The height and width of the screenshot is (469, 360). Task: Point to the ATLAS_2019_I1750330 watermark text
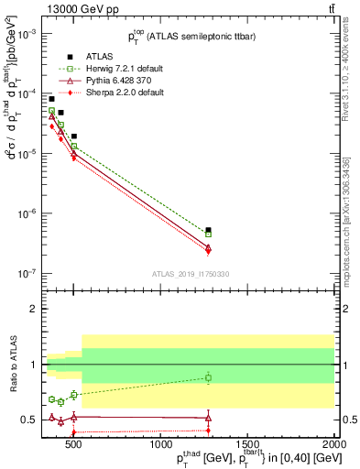coord(190,273)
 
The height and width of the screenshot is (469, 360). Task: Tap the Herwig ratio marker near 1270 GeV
coord(208,377)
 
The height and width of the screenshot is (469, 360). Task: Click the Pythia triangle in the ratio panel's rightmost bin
coord(208,418)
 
